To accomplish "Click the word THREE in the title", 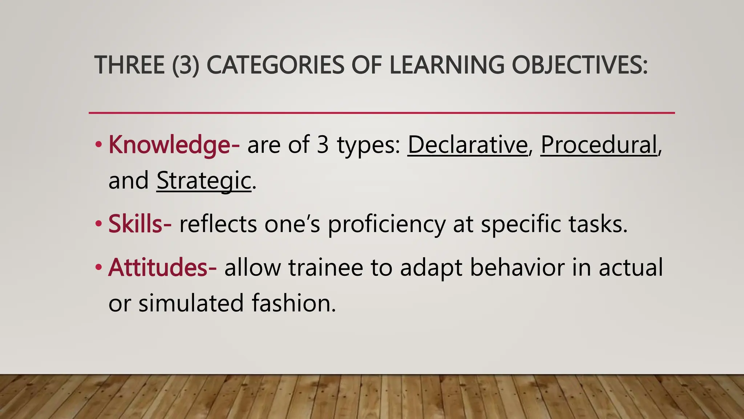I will pos(129,65).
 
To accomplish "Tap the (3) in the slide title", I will pos(186,65).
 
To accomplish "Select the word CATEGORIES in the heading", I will pos(275,65).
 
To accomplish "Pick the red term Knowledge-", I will pos(174,145).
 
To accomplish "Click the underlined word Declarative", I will pos(468,145).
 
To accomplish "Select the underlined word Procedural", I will pos(599,145).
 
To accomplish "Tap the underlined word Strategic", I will pos(204,180).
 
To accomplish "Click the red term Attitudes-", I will pos(162,267).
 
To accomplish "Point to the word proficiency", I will pos(387,224).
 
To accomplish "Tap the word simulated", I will pos(191,303).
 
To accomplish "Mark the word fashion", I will pos(294,303).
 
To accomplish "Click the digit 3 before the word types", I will pos(323,145).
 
